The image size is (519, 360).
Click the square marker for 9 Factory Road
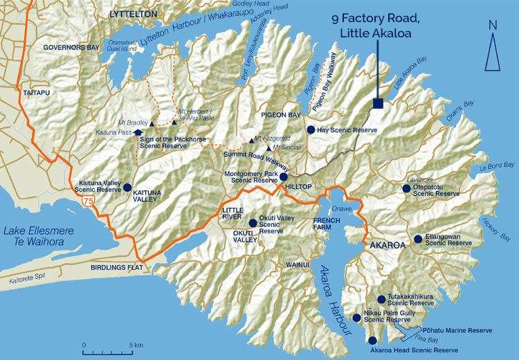(x=377, y=104)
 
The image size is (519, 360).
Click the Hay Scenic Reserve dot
(x=311, y=129)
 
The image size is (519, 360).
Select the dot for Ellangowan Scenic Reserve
(x=418, y=239)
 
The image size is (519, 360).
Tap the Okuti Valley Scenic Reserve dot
(x=253, y=223)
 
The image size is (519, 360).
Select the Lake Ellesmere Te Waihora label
(x=33, y=237)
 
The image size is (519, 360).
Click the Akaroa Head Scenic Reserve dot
(x=373, y=340)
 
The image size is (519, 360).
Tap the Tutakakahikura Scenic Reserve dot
(x=381, y=299)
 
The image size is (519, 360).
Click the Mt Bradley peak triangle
(x=152, y=122)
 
